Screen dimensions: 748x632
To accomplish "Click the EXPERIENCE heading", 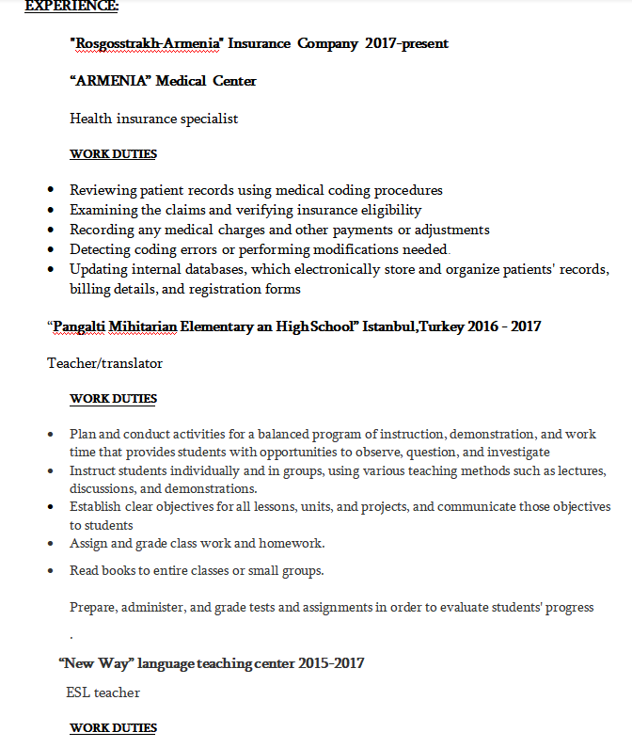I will point(71,6).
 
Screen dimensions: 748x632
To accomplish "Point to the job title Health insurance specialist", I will point(153,119).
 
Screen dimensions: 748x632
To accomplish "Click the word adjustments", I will point(453,230).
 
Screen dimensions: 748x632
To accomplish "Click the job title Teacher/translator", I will point(104,362).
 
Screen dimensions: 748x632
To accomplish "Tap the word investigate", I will point(518,452).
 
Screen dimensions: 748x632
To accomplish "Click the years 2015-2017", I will point(331,663).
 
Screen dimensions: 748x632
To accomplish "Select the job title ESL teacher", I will point(103,692).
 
